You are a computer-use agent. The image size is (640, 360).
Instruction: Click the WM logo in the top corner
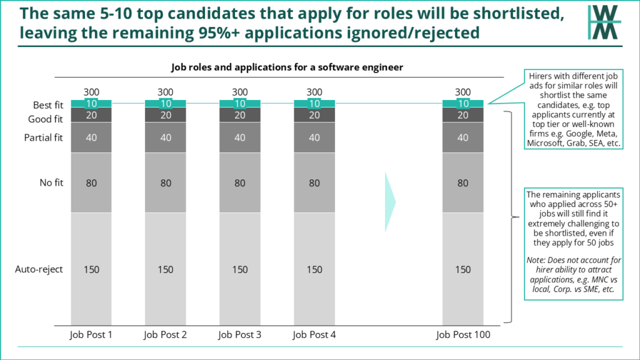point(604,22)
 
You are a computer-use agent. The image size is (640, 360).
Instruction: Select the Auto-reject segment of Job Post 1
point(91,269)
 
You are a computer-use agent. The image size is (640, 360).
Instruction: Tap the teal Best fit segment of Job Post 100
point(463,104)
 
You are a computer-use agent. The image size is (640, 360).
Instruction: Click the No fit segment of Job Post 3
point(240,183)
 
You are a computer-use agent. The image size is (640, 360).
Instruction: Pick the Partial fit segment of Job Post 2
point(166,137)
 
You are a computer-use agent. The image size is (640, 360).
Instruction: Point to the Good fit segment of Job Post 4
point(314,115)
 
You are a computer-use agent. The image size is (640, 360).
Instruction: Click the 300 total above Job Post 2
point(166,92)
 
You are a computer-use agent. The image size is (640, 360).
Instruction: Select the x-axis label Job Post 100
point(463,334)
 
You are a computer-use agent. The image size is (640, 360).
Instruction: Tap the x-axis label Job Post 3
point(240,334)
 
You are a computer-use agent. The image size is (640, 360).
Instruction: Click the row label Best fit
point(47,106)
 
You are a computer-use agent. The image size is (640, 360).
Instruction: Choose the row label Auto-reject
point(39,269)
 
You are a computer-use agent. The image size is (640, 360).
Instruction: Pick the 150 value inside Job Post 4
point(314,269)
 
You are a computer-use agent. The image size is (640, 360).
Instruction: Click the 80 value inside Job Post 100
point(463,183)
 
